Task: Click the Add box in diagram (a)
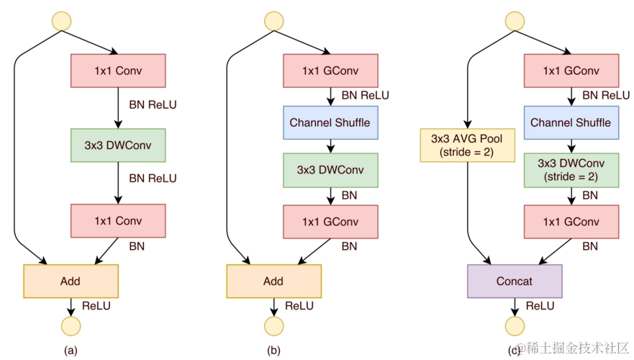[x=71, y=282]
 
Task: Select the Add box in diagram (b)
[x=273, y=282]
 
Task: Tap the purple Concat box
[x=514, y=282]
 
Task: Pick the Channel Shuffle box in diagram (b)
[x=330, y=122]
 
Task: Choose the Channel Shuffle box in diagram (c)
[x=571, y=122]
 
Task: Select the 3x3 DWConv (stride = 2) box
[x=571, y=170]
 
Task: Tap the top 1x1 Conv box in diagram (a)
[x=118, y=71]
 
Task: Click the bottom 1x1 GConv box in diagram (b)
[x=330, y=222]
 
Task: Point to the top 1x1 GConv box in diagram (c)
[x=571, y=71]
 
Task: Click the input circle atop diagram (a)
[x=60, y=21]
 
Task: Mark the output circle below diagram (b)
[x=273, y=325]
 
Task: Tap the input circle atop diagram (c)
[x=514, y=21]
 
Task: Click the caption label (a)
[x=71, y=351]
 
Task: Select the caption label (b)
[x=273, y=351]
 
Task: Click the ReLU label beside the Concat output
[x=540, y=306]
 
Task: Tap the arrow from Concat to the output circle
[x=514, y=307]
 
